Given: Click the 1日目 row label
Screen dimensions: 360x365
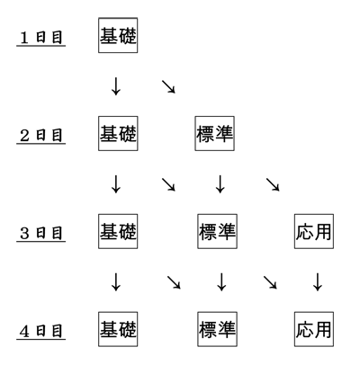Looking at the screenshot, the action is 41,38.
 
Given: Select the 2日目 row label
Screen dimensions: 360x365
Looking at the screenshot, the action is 41,136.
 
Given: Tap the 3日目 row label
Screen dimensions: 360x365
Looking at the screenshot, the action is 41,233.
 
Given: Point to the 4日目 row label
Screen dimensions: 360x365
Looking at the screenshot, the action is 41,331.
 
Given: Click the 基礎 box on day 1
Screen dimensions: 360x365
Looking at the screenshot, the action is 118,35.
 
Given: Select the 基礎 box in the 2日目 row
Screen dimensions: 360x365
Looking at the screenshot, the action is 118,133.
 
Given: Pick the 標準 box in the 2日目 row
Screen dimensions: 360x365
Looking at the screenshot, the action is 214,133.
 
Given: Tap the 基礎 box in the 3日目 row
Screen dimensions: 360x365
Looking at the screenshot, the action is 118,231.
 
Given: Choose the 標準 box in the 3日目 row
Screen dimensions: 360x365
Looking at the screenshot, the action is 217,231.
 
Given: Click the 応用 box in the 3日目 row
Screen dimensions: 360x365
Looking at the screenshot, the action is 314,231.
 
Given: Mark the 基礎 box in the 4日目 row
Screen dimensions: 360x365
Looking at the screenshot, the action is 118,329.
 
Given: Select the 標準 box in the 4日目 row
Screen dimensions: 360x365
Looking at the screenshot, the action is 217,329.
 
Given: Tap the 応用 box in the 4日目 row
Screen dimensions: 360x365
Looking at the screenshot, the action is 314,329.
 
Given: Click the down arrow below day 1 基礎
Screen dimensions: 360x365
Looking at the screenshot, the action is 116,86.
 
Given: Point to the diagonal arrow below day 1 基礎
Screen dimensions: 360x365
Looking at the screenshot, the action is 168,86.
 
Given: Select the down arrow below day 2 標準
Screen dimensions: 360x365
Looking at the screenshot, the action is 220,184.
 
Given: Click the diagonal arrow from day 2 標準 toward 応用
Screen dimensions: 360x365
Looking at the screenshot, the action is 273,184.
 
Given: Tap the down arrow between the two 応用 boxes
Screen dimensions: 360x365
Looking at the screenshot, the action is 318,282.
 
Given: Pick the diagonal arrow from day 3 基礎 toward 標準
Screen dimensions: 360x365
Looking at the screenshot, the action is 174,282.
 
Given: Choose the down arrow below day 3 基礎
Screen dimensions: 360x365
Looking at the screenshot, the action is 116,282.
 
